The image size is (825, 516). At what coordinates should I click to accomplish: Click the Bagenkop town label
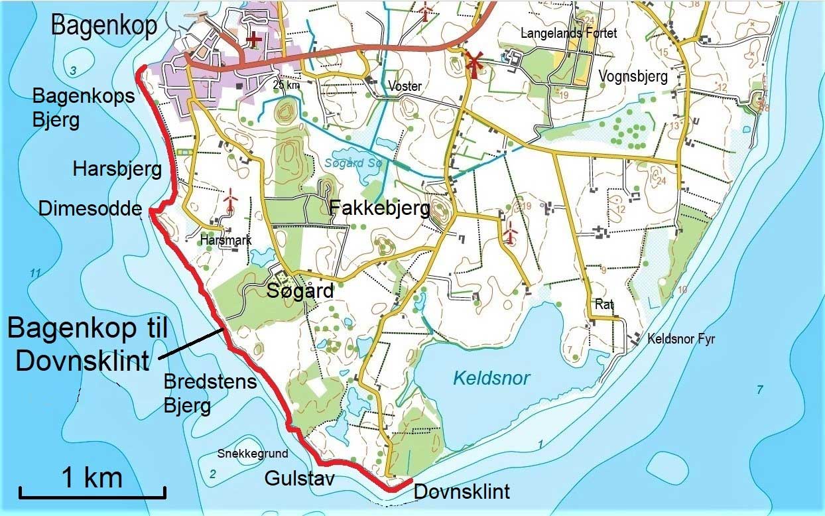point(103,27)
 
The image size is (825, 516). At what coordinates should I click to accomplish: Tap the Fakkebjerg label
point(380,210)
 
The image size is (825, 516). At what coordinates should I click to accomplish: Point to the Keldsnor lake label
point(491,379)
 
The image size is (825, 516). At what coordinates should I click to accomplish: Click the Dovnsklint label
point(462,492)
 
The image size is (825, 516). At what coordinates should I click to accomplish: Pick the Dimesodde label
point(90,210)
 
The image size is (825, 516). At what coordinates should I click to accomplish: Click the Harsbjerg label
point(117,170)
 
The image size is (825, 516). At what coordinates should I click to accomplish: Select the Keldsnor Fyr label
point(682,340)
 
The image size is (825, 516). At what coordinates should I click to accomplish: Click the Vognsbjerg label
point(633,76)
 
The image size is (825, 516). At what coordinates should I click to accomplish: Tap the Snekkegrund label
point(253,454)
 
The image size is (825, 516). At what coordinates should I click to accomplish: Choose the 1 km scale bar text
point(92,477)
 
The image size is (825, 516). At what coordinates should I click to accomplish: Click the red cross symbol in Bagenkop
point(253,39)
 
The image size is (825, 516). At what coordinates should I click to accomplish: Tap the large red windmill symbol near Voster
point(474,62)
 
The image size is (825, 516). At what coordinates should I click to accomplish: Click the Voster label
point(405,86)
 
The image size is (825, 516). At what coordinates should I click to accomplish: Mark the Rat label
point(604,305)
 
